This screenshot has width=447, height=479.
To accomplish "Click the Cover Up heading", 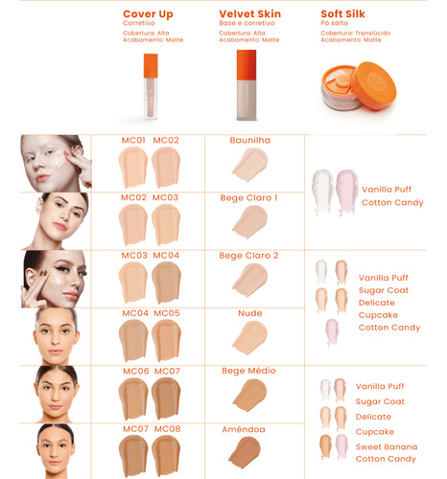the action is point(148,14).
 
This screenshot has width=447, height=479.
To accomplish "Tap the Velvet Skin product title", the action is point(249,14).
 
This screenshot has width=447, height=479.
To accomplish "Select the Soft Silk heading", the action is point(342,14).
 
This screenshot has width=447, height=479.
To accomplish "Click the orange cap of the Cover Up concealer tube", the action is point(151,66).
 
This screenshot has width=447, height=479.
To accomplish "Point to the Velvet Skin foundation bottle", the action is point(247,85).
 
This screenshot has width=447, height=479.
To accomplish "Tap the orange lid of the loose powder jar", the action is point(373,85).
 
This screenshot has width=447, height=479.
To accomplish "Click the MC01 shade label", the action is point(133,140).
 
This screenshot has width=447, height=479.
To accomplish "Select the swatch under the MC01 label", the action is point(133,168).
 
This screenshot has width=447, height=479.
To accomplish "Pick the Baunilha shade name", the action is point(250,140).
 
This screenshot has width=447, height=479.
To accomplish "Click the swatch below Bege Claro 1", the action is point(250,221).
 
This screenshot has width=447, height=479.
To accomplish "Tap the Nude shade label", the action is point(250,313).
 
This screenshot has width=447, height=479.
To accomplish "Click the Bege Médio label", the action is point(248,371).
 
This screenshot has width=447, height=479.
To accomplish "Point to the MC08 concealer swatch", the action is point(166,456).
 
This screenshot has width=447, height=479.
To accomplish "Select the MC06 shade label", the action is point(136,371).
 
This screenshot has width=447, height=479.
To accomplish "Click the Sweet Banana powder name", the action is point(387,446).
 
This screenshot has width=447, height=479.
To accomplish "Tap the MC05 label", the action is point(167,313).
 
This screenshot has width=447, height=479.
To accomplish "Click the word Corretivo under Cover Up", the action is point(139,23).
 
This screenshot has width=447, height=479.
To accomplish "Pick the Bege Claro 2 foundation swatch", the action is point(250,280).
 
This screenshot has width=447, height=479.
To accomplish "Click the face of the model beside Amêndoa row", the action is point(56,451).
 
